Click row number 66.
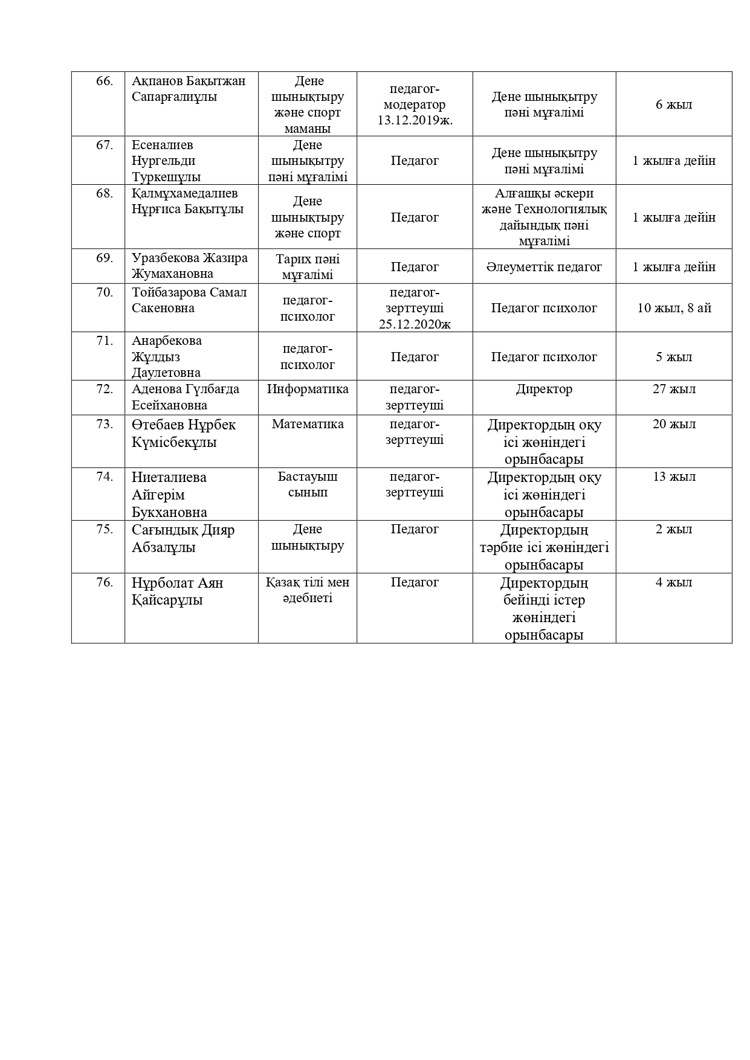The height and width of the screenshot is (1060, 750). click(x=105, y=81)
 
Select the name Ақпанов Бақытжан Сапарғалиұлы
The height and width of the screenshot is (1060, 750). click(x=189, y=89)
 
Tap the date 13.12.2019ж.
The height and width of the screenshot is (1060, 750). click(x=415, y=120)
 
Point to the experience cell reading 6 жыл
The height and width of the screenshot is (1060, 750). click(x=674, y=104)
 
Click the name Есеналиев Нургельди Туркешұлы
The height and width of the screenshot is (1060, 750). click(x=166, y=161)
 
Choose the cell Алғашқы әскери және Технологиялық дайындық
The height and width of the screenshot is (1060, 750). click(x=544, y=217)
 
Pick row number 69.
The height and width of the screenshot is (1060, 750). click(x=105, y=258)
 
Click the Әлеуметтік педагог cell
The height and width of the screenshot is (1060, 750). click(x=544, y=267)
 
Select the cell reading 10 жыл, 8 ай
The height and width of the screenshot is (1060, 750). click(x=674, y=308)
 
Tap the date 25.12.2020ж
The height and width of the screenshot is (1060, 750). click(x=415, y=324)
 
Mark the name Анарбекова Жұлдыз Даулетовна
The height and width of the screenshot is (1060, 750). click(x=167, y=356)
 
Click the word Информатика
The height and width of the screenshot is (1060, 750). click(x=308, y=389)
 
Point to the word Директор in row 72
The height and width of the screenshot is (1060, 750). click(x=544, y=389)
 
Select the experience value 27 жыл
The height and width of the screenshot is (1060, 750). click(x=674, y=389)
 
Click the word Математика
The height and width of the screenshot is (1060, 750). click(x=308, y=424)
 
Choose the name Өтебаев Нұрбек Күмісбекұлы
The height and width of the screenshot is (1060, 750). click(x=183, y=433)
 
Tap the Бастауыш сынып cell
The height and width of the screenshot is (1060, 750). click(x=308, y=484)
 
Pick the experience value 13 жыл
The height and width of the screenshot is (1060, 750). click(x=674, y=477)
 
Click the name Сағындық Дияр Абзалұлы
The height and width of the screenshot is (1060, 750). click(x=183, y=539)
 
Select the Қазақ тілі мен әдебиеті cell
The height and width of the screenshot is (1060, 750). click(x=308, y=590)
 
